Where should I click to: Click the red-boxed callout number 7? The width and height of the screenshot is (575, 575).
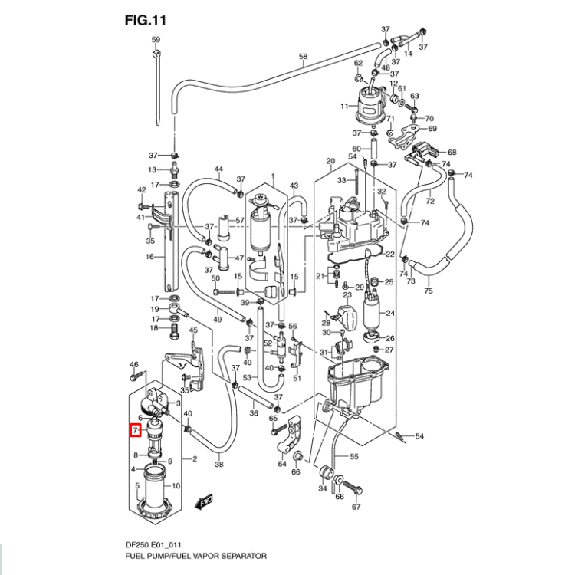(135, 432)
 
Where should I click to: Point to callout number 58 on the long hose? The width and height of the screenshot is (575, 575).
(302, 58)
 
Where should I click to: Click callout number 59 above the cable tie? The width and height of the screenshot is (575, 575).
(156, 39)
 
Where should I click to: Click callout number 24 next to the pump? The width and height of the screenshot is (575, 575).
(389, 313)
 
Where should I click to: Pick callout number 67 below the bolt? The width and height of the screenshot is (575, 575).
(356, 508)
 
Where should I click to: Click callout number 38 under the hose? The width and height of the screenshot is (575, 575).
(219, 465)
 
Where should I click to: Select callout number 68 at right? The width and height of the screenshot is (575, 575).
(473, 153)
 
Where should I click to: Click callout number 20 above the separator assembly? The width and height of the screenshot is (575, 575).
(331, 161)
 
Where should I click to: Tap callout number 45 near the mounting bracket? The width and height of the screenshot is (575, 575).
(193, 330)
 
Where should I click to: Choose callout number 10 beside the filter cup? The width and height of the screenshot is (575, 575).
(176, 486)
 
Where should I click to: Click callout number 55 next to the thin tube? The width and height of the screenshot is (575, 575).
(353, 457)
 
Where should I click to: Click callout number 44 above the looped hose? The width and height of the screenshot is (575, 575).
(219, 169)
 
